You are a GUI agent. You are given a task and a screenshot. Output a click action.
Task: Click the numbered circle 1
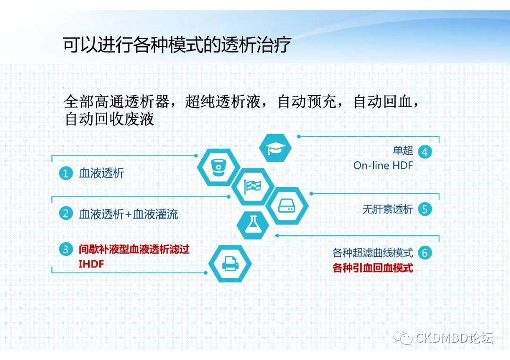(x=66, y=173)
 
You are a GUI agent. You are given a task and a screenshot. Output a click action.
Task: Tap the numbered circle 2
(x=66, y=213)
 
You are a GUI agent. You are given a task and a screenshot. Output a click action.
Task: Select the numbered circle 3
(x=66, y=249)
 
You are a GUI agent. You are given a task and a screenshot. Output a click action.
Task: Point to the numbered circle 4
(x=425, y=152)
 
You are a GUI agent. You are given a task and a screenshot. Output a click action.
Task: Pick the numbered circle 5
(x=425, y=209)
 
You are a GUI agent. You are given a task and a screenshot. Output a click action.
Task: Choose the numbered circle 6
(x=425, y=252)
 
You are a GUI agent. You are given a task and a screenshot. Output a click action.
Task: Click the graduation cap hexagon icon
(x=275, y=148)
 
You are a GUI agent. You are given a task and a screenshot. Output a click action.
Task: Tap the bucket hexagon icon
(x=219, y=167)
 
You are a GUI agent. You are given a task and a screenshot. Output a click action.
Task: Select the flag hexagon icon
(x=253, y=186)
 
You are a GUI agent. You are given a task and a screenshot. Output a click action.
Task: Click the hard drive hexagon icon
(x=287, y=206)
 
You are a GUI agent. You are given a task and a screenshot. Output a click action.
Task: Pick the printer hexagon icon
(x=230, y=263)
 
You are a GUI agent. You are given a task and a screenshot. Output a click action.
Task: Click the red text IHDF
(x=92, y=264)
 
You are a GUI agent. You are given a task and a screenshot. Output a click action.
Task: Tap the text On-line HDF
(x=383, y=166)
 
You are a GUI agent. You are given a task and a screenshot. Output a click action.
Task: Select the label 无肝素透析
(x=388, y=209)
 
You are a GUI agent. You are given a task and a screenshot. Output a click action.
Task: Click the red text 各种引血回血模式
(x=373, y=268)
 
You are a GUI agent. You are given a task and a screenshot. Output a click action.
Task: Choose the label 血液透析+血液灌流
(x=128, y=214)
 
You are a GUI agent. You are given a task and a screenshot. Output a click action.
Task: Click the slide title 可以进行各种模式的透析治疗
(x=177, y=44)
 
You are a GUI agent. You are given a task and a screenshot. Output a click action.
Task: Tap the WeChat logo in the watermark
(x=403, y=338)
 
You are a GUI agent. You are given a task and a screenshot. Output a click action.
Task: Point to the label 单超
(x=403, y=151)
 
